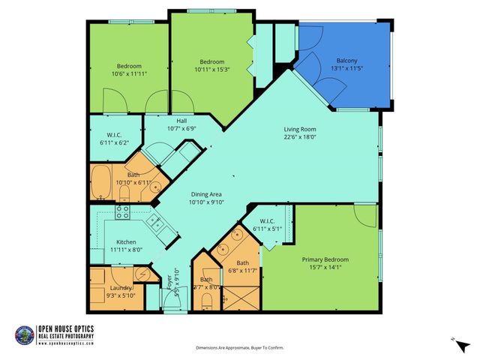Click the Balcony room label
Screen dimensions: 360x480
(x=346, y=60)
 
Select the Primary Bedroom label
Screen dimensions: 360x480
(x=325, y=259)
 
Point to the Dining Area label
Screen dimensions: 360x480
(x=205, y=194)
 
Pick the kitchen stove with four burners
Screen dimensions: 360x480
(x=124, y=211)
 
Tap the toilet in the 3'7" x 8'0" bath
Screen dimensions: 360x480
(x=206, y=301)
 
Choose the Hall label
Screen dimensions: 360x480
(x=181, y=121)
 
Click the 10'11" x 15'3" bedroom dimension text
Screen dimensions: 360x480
(x=211, y=70)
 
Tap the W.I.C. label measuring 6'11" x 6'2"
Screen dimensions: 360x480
(x=114, y=142)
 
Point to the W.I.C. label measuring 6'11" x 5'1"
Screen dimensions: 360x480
(x=268, y=228)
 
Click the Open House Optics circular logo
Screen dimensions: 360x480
(x=25, y=334)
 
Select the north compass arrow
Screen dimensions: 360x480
(x=457, y=341)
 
